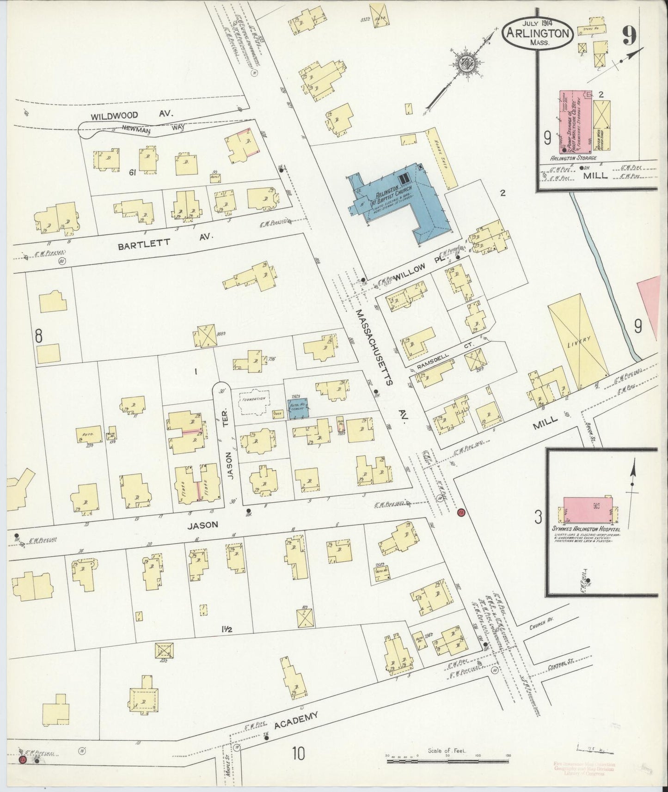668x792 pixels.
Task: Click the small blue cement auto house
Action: [299, 409]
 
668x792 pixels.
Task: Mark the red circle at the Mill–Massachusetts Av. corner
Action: [460, 512]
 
